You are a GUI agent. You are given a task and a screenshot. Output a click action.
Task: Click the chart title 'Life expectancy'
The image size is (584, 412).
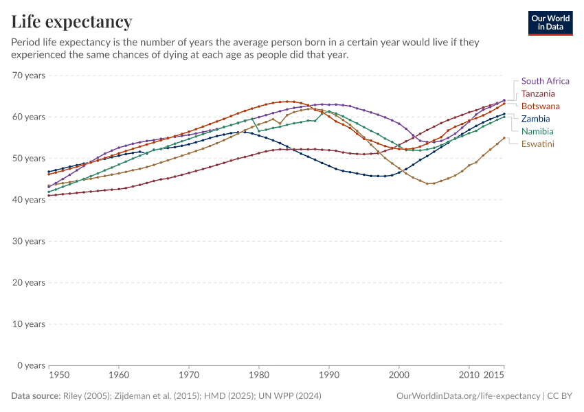point(72,21)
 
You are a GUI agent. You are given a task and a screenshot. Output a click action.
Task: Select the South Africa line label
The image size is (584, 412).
point(545,81)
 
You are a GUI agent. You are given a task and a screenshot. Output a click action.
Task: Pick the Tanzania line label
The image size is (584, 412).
point(538,93)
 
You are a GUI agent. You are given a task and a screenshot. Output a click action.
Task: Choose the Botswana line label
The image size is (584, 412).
point(540,106)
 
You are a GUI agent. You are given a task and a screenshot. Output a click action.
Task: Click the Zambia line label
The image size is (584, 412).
point(535,119)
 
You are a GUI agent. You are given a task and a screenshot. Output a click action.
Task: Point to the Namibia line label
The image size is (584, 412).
point(537,131)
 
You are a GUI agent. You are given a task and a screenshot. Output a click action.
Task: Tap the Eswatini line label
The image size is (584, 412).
point(538,144)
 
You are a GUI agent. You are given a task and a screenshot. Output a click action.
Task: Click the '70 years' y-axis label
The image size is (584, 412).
point(29,76)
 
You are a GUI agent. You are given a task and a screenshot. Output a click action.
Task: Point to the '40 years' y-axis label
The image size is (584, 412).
point(29,200)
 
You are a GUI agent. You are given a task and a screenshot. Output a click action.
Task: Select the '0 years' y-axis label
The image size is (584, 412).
point(31,365)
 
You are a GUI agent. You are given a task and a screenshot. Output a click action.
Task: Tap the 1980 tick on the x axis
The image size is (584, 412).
point(259,376)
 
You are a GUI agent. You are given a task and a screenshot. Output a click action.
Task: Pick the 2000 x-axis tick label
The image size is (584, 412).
point(399,376)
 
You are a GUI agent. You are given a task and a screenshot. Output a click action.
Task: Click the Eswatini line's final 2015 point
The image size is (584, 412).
point(504,138)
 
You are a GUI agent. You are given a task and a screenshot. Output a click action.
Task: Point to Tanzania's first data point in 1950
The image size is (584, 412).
point(49,196)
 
